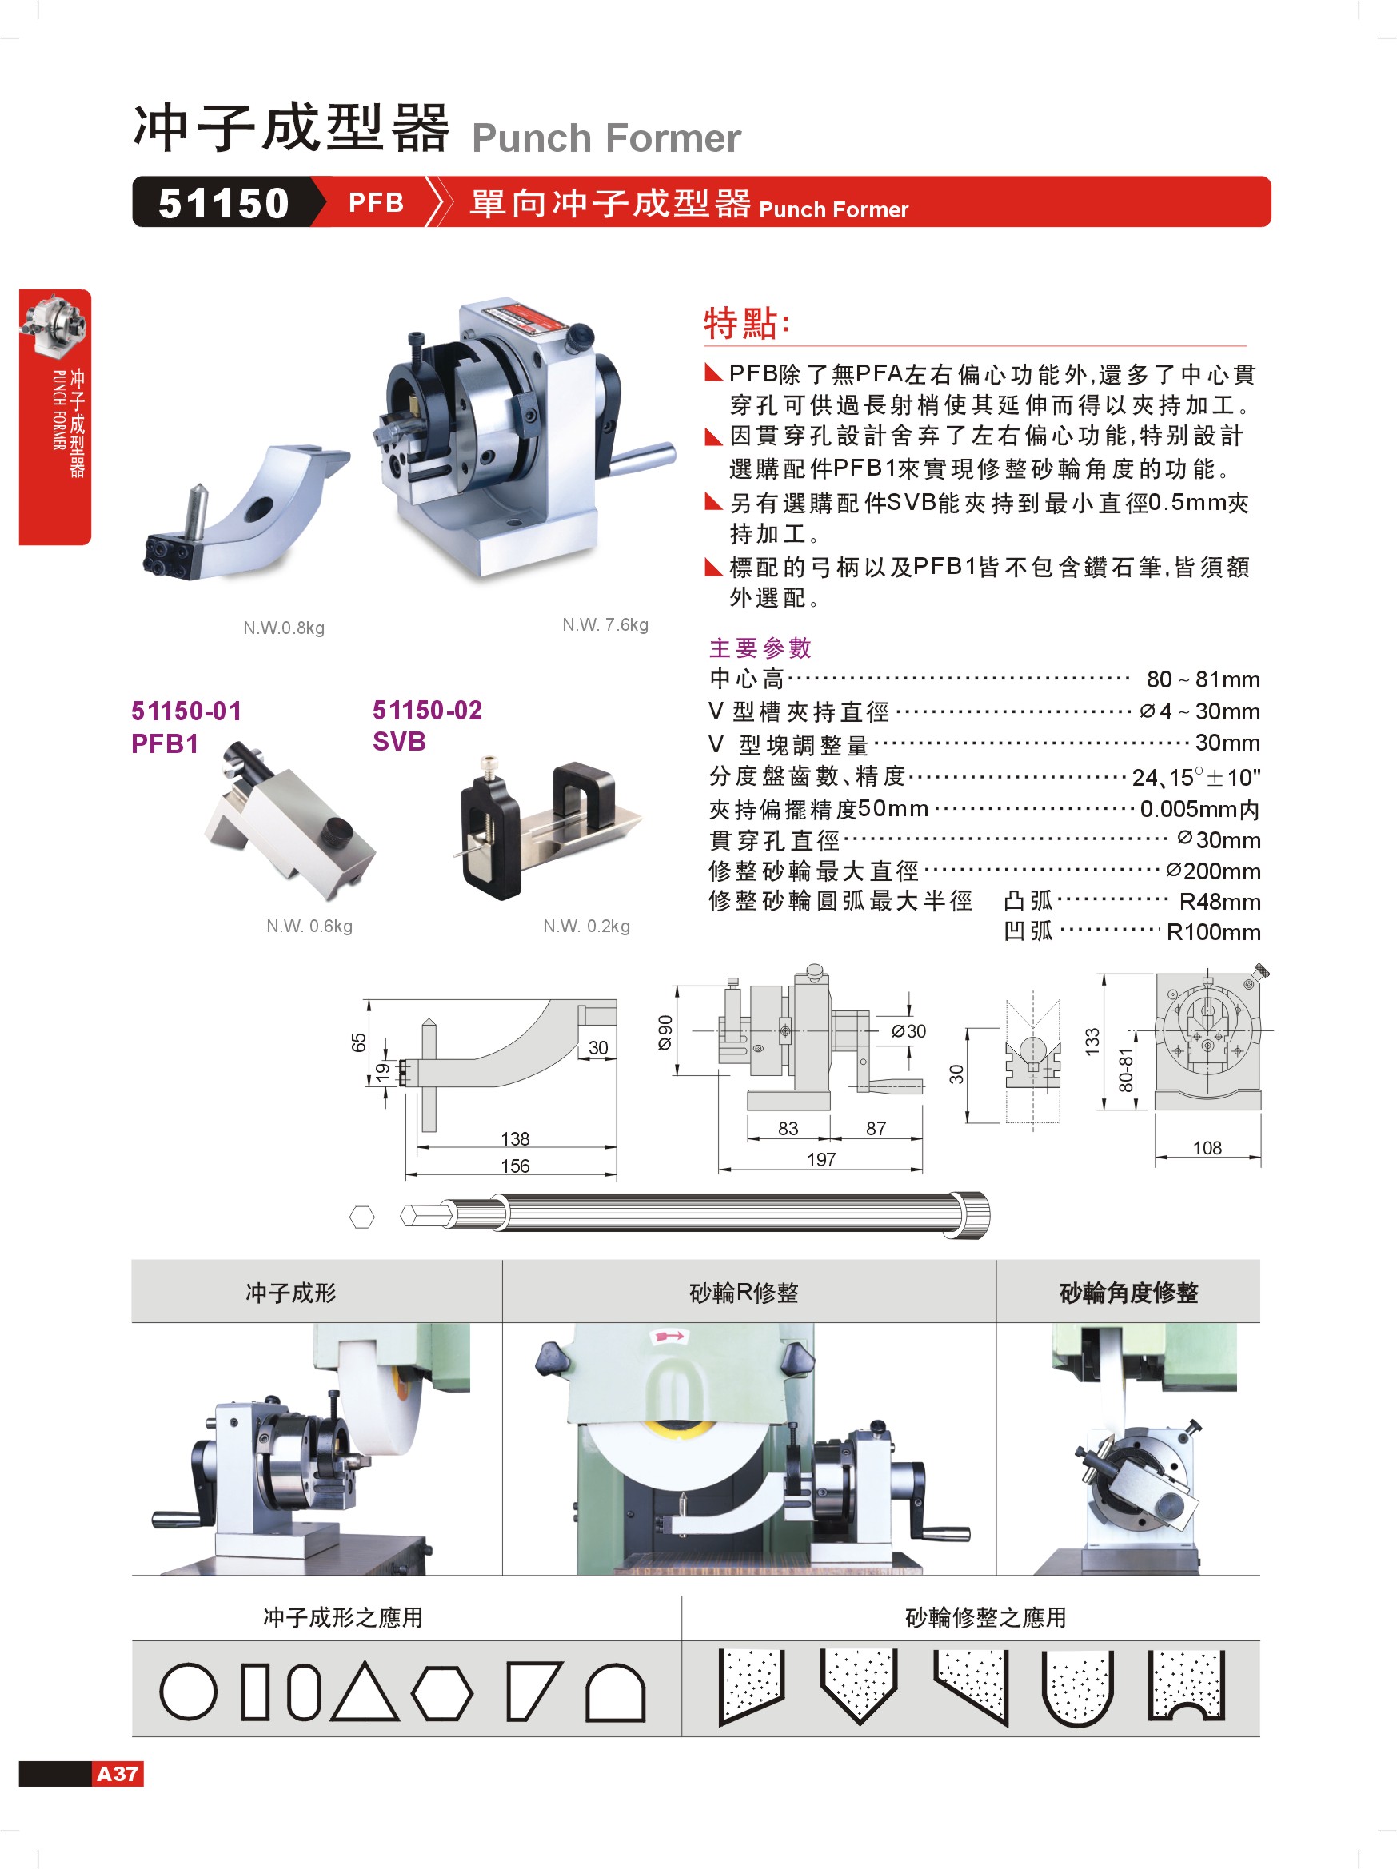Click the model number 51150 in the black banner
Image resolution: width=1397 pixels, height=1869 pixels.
click(223, 203)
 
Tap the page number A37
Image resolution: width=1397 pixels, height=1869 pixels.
click(118, 1774)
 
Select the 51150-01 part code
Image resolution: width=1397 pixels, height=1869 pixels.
click(187, 711)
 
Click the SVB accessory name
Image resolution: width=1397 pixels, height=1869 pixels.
click(399, 742)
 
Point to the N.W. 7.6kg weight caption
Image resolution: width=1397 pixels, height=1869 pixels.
click(605, 624)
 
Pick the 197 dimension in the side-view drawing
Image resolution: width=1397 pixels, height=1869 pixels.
click(820, 1159)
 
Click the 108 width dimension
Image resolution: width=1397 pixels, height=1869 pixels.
click(1207, 1147)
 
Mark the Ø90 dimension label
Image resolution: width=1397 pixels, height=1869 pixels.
click(666, 1033)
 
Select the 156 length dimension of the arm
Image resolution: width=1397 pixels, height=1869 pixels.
click(515, 1166)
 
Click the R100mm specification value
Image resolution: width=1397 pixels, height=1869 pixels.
click(1214, 932)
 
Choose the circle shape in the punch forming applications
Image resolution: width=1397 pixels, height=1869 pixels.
click(188, 1692)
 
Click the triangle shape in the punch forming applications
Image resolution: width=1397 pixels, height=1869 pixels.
click(365, 1692)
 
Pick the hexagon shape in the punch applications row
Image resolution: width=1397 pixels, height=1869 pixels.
click(442, 1692)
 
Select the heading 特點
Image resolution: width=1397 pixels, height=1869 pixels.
click(747, 323)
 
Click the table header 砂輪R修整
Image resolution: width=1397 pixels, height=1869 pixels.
click(744, 1293)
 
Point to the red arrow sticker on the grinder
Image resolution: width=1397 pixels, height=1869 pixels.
click(669, 1337)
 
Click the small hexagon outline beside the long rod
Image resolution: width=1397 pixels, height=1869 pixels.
click(361, 1217)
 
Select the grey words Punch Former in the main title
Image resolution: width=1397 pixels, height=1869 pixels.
click(606, 138)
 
